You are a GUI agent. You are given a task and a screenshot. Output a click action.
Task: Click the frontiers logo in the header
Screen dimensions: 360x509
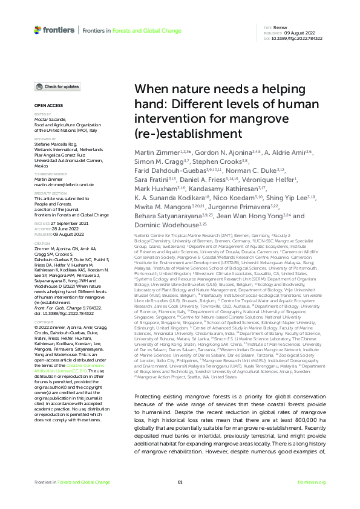click(x=54, y=30)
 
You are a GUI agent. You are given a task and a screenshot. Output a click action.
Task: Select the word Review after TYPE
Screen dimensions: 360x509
click(x=280, y=28)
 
